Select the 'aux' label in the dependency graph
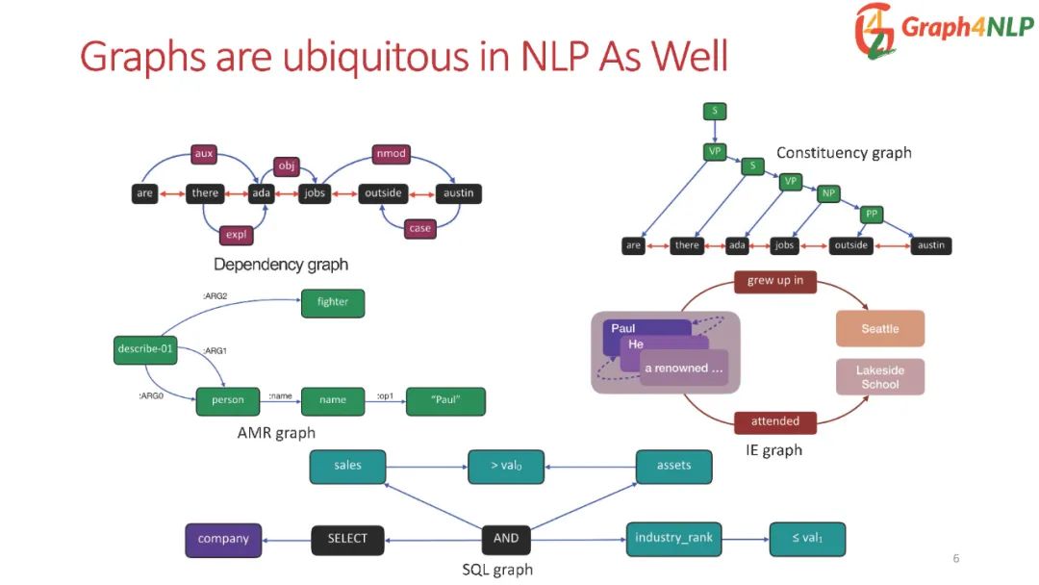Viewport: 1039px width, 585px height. tap(204, 153)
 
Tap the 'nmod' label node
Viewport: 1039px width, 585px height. tap(391, 153)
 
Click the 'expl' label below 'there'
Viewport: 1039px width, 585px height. tap(235, 234)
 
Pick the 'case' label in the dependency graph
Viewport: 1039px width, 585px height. tap(419, 228)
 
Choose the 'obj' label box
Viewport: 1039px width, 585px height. tap(288, 166)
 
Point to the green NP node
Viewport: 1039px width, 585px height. tap(828, 193)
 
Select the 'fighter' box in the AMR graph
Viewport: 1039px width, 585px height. tap(333, 302)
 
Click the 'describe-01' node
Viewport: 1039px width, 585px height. tap(145, 349)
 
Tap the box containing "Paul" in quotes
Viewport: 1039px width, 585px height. tap(445, 400)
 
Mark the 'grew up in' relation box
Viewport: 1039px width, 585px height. tap(775, 281)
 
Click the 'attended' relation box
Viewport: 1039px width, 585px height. tap(775, 421)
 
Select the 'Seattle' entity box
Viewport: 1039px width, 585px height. tap(879, 328)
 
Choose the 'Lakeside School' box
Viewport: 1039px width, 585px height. tap(879, 377)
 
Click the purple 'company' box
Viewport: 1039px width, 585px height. tap(223, 539)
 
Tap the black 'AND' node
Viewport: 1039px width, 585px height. tap(506, 539)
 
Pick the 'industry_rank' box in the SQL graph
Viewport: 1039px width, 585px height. tap(673, 538)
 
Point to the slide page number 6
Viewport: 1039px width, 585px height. tap(955, 559)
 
